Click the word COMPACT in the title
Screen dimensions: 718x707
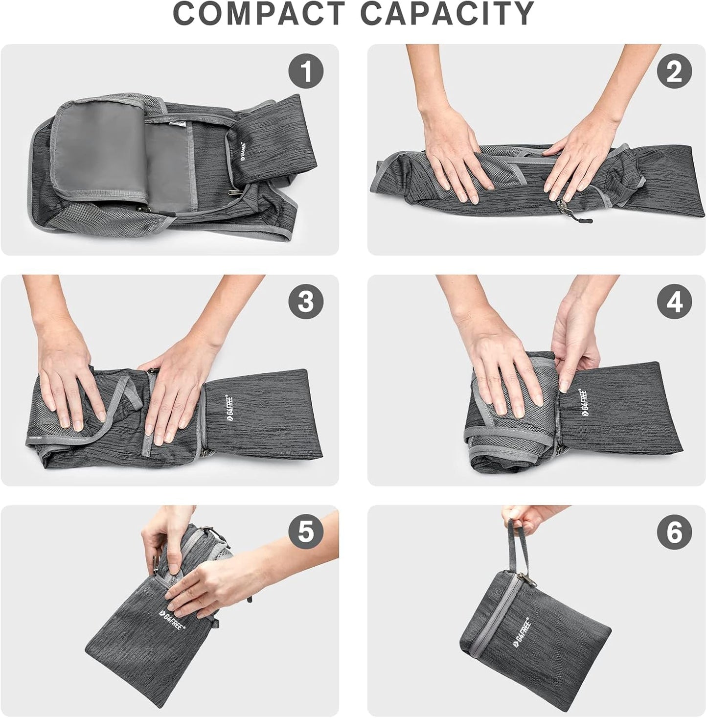point(259,14)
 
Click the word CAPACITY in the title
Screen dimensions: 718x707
point(447,14)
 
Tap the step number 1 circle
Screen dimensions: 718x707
point(306,71)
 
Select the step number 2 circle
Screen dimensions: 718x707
point(674,71)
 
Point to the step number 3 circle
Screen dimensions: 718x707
point(306,301)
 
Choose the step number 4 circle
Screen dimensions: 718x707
point(674,301)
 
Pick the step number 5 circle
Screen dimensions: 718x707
point(306,532)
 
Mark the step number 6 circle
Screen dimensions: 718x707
point(674,532)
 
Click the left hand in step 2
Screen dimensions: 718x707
point(453,157)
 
